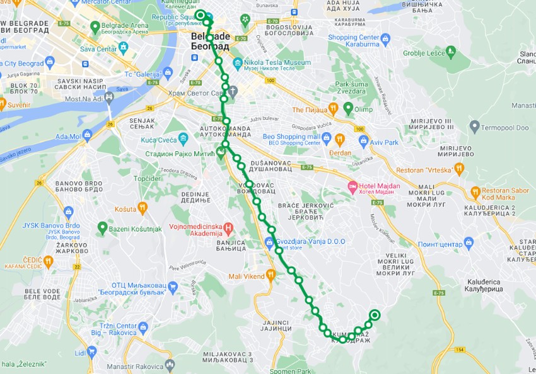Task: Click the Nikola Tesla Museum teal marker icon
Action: [x=238, y=63]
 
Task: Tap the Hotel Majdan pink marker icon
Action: [x=353, y=187]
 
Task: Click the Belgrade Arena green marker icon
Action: [x=95, y=28]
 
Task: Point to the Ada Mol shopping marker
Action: [x=87, y=135]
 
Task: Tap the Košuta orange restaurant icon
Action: [x=143, y=207]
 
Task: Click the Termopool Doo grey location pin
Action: [x=475, y=127]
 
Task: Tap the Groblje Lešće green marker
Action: [x=450, y=51]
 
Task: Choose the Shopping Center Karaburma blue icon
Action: [x=385, y=39]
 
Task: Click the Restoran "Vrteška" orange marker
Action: [x=459, y=168]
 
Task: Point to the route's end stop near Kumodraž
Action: [x=375, y=315]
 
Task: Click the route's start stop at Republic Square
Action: [x=200, y=14]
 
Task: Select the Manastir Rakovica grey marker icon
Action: [x=169, y=365]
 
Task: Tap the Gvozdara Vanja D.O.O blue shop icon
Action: [x=270, y=242]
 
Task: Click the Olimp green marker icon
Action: [x=348, y=109]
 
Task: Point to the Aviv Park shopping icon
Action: [x=363, y=142]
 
